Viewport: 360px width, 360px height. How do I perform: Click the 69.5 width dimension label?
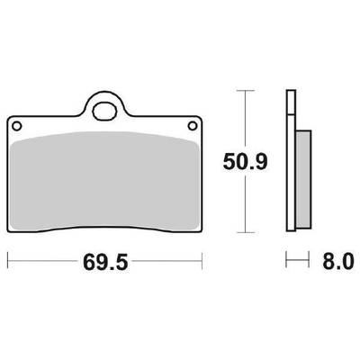tap(105, 262)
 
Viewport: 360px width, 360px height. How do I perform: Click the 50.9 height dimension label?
tap(245, 162)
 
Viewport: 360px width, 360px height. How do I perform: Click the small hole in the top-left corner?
tap(16, 126)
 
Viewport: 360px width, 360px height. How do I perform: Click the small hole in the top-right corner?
tap(193, 126)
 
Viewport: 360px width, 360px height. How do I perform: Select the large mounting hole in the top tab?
tap(104, 112)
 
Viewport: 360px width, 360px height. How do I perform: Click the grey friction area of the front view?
tap(105, 181)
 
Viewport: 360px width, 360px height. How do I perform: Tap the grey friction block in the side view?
tap(303, 179)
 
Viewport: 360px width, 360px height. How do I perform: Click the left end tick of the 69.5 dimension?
tap(8, 261)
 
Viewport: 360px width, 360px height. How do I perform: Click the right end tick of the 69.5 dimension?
tap(202, 261)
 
